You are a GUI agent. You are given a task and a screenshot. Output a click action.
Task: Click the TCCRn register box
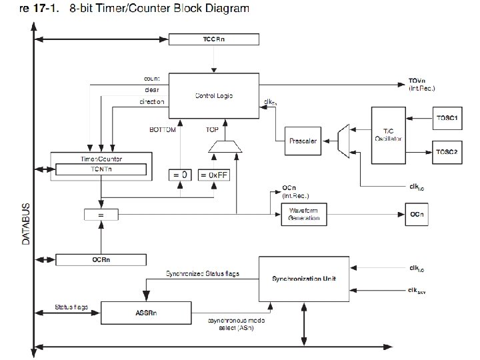click(x=213, y=39)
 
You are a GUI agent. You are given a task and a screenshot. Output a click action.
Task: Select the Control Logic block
click(x=213, y=96)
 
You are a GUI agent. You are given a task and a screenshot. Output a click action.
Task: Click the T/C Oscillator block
click(x=387, y=134)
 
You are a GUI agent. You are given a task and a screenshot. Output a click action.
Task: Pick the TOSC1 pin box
click(x=447, y=118)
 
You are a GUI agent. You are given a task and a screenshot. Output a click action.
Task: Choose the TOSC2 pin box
click(x=447, y=151)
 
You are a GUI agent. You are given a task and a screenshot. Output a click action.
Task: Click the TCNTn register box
click(x=101, y=170)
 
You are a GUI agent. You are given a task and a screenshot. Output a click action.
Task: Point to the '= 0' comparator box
click(x=179, y=175)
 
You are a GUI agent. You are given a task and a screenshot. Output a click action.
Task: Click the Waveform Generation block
click(x=305, y=215)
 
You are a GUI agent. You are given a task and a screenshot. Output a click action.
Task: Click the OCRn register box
click(x=101, y=259)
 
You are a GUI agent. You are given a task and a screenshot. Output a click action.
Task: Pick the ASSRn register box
click(x=145, y=311)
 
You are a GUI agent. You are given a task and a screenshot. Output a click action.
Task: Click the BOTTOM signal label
click(x=163, y=130)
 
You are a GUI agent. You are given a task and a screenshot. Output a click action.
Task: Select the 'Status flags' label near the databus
click(x=71, y=307)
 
